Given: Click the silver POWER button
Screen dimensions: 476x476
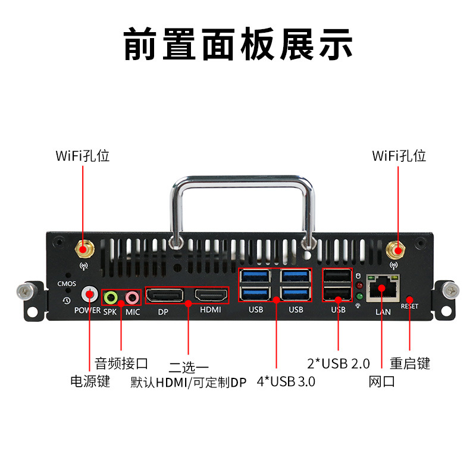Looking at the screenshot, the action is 90,294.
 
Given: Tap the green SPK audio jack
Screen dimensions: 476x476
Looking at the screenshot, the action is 111,298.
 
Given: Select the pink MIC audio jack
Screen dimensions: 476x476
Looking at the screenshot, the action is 132,298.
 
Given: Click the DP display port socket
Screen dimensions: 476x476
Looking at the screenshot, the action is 165,295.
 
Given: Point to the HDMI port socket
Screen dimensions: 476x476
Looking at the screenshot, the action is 211,295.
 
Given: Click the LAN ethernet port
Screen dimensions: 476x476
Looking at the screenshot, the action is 383,289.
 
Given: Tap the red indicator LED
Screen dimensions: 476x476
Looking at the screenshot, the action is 359,286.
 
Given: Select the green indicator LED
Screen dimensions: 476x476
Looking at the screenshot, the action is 359,296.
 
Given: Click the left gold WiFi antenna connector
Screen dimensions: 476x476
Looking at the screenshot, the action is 84,249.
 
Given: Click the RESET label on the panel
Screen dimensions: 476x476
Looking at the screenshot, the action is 409,306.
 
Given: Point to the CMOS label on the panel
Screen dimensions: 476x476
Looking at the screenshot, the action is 67,284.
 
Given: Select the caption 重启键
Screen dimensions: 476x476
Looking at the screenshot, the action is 410,364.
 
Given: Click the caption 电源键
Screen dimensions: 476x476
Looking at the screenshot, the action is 90,381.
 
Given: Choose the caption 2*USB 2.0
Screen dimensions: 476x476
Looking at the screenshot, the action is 339,364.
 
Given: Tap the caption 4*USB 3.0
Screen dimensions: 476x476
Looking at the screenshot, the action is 286,381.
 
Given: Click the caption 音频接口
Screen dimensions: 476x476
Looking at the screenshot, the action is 121,364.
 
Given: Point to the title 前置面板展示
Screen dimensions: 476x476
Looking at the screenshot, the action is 238,44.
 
